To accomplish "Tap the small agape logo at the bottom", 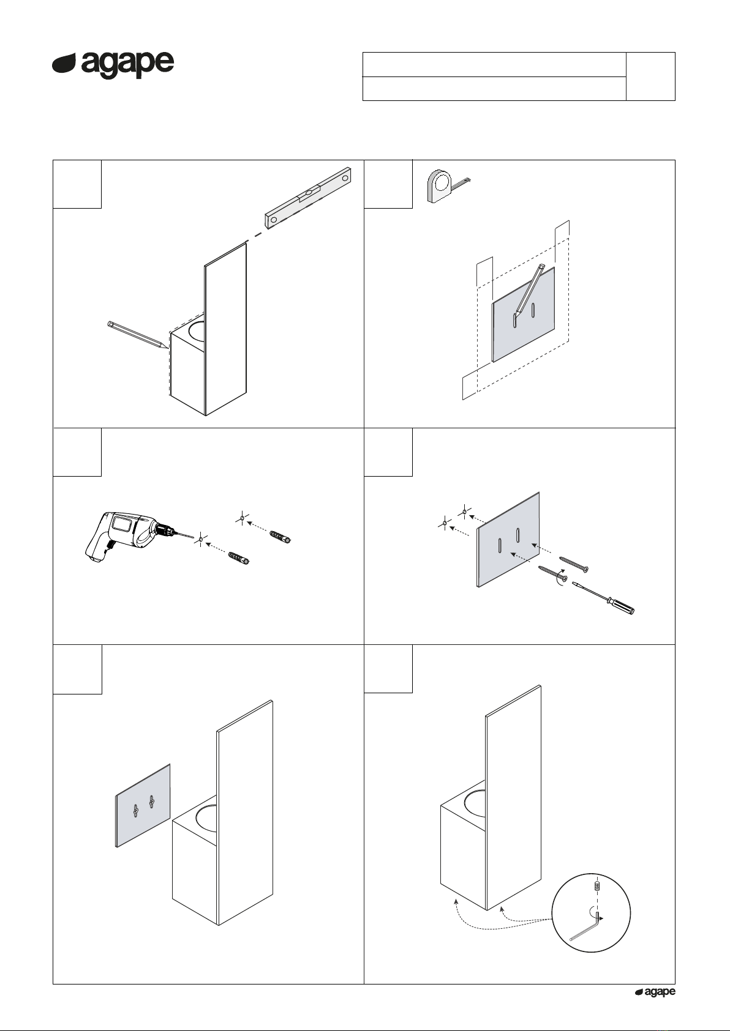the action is point(655,992).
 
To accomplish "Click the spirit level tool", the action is point(307,198).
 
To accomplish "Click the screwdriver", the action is point(603,598).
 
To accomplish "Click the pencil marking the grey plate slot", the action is point(530,290).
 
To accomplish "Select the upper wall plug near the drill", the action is point(280,537).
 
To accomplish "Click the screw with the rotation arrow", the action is point(552,573).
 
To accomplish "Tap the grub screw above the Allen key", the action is point(597,885).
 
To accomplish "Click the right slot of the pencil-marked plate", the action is point(533,310).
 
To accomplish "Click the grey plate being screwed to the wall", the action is point(508,540).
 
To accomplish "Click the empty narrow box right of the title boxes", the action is point(650,76).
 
